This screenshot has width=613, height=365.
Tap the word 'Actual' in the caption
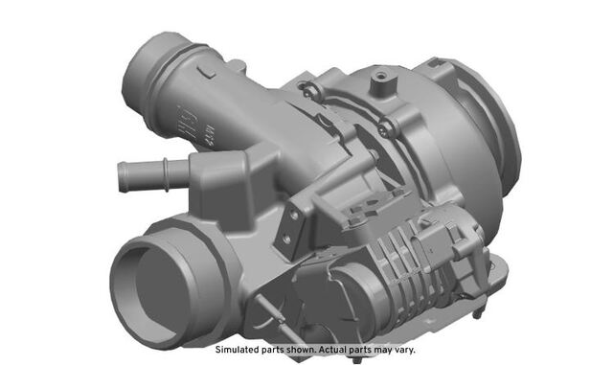pyautogui.click(x=331, y=350)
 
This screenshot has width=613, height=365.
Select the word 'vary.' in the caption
pyautogui.click(x=403, y=350)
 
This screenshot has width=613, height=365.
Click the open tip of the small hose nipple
pyautogui.click(x=123, y=177)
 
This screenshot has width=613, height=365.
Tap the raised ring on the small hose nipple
pyautogui.click(x=166, y=175)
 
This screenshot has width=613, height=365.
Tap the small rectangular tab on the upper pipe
pyautogui.click(x=207, y=72)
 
